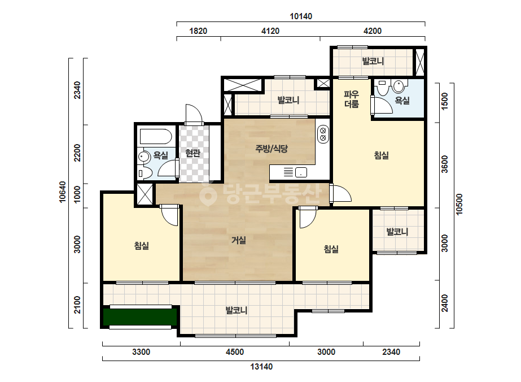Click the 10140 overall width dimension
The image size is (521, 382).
pyautogui.click(x=301, y=16)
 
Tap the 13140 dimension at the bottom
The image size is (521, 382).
pyautogui.click(x=261, y=367)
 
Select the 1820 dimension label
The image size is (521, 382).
pyautogui.click(x=198, y=31)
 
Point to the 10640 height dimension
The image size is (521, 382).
pyautogui.click(x=62, y=192)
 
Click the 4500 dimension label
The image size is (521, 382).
pyautogui.click(x=235, y=352)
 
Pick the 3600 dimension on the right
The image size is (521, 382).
pyautogui.click(x=445, y=164)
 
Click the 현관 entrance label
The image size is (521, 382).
pyautogui.click(x=193, y=153)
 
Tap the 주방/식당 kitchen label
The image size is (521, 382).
pyautogui.click(x=272, y=149)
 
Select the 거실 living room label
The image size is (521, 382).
pyautogui.click(x=239, y=240)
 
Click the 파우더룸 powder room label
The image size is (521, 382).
pyautogui.click(x=352, y=99)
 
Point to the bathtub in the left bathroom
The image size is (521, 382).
pyautogui.click(x=155, y=137)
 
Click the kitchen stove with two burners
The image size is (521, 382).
pyautogui.click(x=323, y=134)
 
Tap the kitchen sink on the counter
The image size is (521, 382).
pyautogui.click(x=301, y=172)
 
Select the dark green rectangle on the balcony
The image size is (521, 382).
pyautogui.click(x=139, y=317)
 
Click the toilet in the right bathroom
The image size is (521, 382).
pyautogui.click(x=399, y=86)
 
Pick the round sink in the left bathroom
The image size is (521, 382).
pyautogui.click(x=143, y=157)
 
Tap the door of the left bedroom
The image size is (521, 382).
pyautogui.click(x=170, y=215)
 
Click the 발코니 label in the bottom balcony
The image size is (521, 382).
pyautogui.click(x=237, y=310)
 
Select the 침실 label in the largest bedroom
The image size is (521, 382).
pyautogui.click(x=382, y=155)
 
